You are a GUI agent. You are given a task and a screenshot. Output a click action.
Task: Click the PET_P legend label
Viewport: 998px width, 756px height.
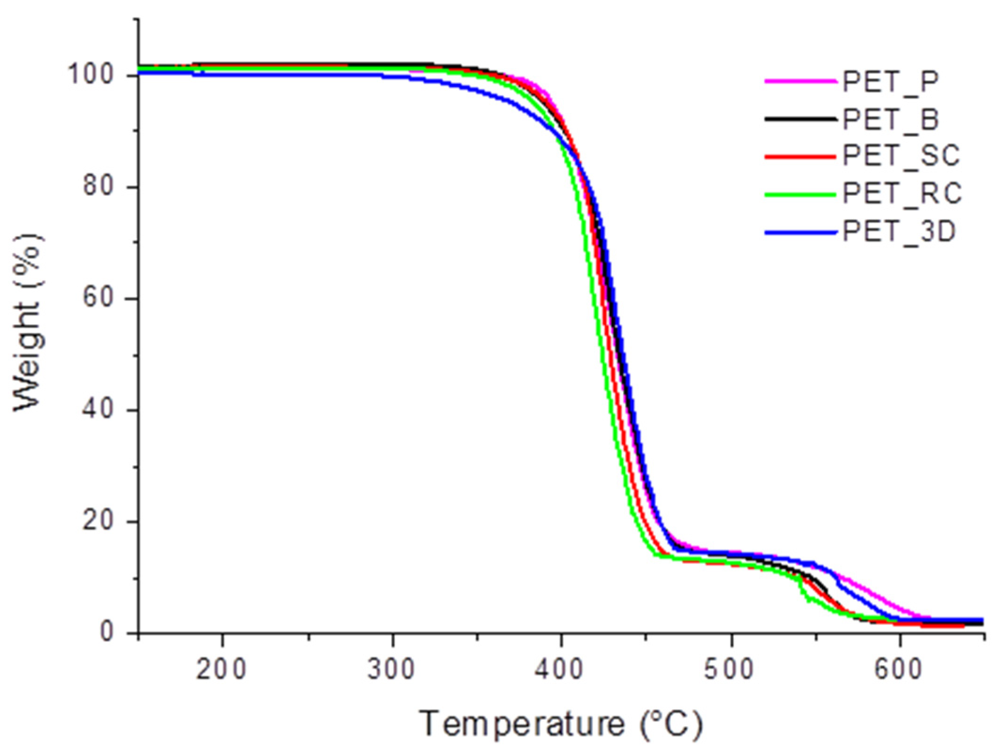(x=891, y=81)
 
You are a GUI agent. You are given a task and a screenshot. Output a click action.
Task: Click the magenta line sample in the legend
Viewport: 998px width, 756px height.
(x=800, y=81)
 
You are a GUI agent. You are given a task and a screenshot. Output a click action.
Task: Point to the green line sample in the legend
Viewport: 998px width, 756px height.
(x=800, y=194)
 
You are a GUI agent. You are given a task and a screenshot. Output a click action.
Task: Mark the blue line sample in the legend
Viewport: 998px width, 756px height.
(x=800, y=232)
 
